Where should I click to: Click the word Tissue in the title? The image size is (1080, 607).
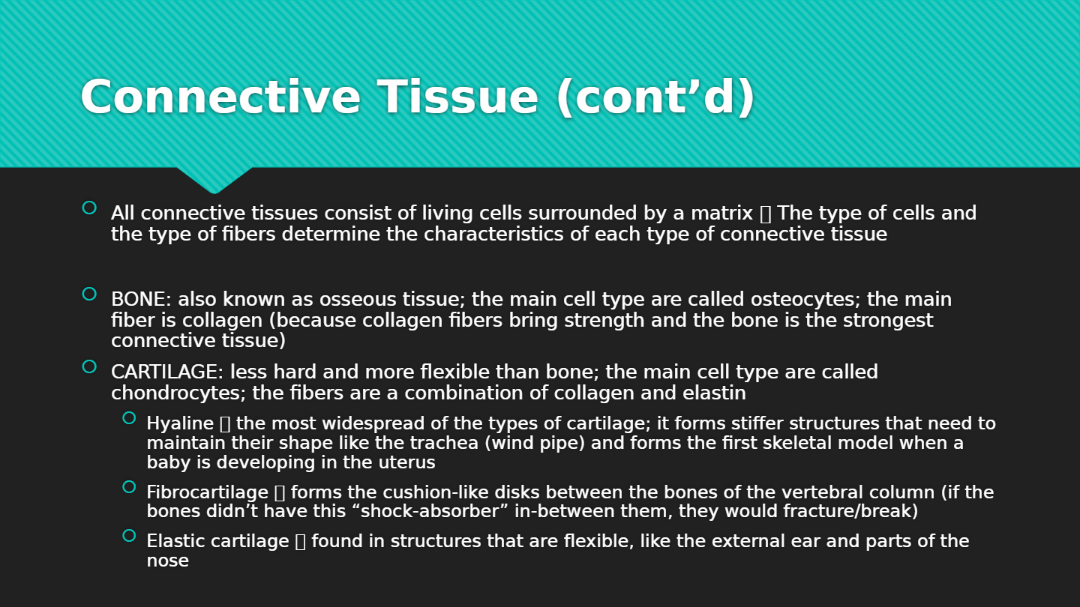(457, 97)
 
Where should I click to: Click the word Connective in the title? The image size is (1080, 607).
(220, 97)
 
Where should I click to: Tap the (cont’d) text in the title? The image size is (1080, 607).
(655, 97)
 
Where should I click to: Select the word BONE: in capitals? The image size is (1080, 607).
(141, 299)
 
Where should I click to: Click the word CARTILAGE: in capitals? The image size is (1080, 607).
(167, 372)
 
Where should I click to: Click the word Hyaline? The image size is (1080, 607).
(180, 423)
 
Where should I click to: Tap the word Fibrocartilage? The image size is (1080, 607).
(207, 492)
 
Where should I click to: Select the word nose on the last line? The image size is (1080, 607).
(168, 561)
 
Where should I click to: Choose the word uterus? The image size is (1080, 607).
(406, 463)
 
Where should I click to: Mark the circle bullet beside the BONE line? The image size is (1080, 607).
(89, 294)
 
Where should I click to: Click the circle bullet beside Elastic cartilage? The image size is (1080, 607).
(129, 535)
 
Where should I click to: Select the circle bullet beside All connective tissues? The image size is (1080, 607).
(89, 208)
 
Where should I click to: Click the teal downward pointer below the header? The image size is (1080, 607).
(214, 179)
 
